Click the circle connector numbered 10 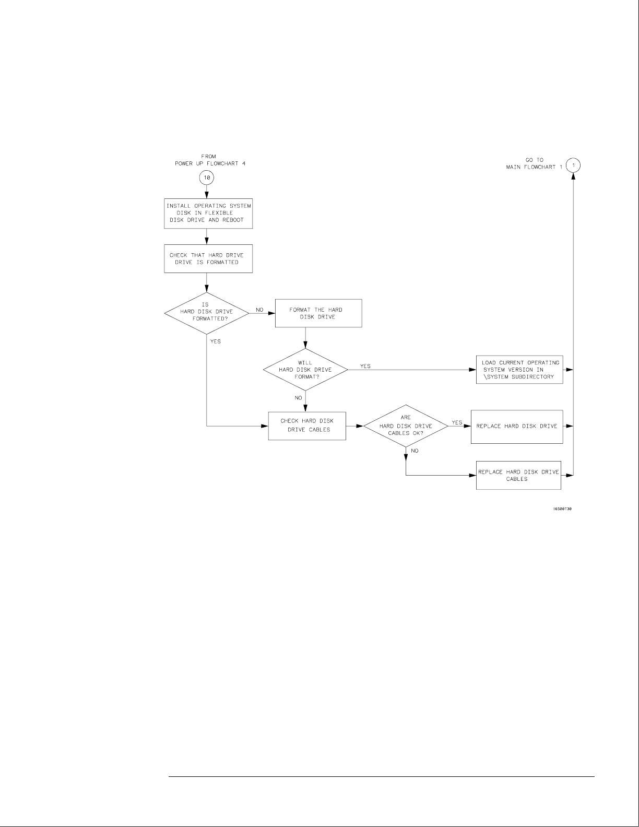pos(207,178)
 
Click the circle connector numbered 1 pos(574,166)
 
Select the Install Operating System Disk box pos(208,213)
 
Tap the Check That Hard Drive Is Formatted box pos(208,258)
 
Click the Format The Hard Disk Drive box pos(318,313)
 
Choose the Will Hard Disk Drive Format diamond pos(305,370)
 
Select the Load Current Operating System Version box pos(519,370)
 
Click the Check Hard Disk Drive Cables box pos(307,426)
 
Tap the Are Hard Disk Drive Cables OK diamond pos(406,426)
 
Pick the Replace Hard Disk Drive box pos(517,426)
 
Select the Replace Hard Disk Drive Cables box pos(518,475)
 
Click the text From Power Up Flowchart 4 pos(209,160)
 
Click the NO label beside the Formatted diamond pos(259,310)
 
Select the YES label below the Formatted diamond pos(215,341)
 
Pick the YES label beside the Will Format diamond pos(365,366)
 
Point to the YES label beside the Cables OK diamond pos(457,422)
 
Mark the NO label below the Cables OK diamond pos(415,451)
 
